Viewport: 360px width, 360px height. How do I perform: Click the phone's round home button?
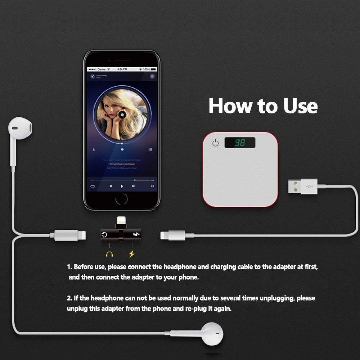122,199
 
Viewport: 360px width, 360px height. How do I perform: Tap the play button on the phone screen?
122,186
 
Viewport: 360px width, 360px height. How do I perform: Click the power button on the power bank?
215,143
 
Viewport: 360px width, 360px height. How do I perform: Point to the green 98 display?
240,143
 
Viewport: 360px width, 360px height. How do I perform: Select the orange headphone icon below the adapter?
109,254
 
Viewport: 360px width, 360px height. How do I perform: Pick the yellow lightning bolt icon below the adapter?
131,254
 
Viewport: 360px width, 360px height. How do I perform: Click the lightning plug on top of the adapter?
120,221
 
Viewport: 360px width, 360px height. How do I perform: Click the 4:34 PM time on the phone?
122,69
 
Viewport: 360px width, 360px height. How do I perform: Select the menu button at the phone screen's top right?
152,76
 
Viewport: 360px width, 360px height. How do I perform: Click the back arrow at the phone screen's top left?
93,76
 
